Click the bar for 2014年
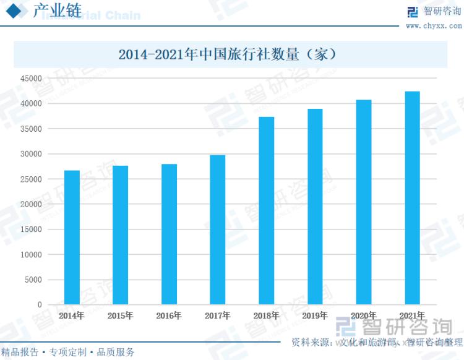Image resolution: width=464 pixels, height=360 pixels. pyautogui.click(x=72, y=238)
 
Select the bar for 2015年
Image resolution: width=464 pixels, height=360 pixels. pyautogui.click(x=120, y=235)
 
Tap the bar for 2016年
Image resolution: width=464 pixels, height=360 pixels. pyautogui.click(x=169, y=234)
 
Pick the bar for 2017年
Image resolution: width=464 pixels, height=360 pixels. pyautogui.click(x=218, y=229)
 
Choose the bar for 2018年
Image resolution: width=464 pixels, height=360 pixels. pyautogui.click(x=266, y=210)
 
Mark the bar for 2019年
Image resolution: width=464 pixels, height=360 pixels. pyautogui.click(x=315, y=207)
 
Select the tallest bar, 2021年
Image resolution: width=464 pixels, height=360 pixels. pyautogui.click(x=412, y=198)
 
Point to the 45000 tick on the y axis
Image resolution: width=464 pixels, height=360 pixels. pyautogui.click(x=31, y=79)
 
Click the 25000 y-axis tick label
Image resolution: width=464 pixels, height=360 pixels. pyautogui.click(x=31, y=179)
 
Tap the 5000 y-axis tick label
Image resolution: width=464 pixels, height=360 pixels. pyautogui.click(x=33, y=280)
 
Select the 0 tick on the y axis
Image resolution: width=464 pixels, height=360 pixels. pyautogui.click(x=40, y=305)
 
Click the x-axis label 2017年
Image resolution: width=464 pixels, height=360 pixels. pyautogui.click(x=218, y=315)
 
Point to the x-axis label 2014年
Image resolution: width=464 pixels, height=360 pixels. pyautogui.click(x=72, y=315)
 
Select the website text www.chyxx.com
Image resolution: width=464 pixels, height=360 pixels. pyautogui.click(x=434, y=26)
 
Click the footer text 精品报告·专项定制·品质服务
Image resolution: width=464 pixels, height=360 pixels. pyautogui.click(x=68, y=352)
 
